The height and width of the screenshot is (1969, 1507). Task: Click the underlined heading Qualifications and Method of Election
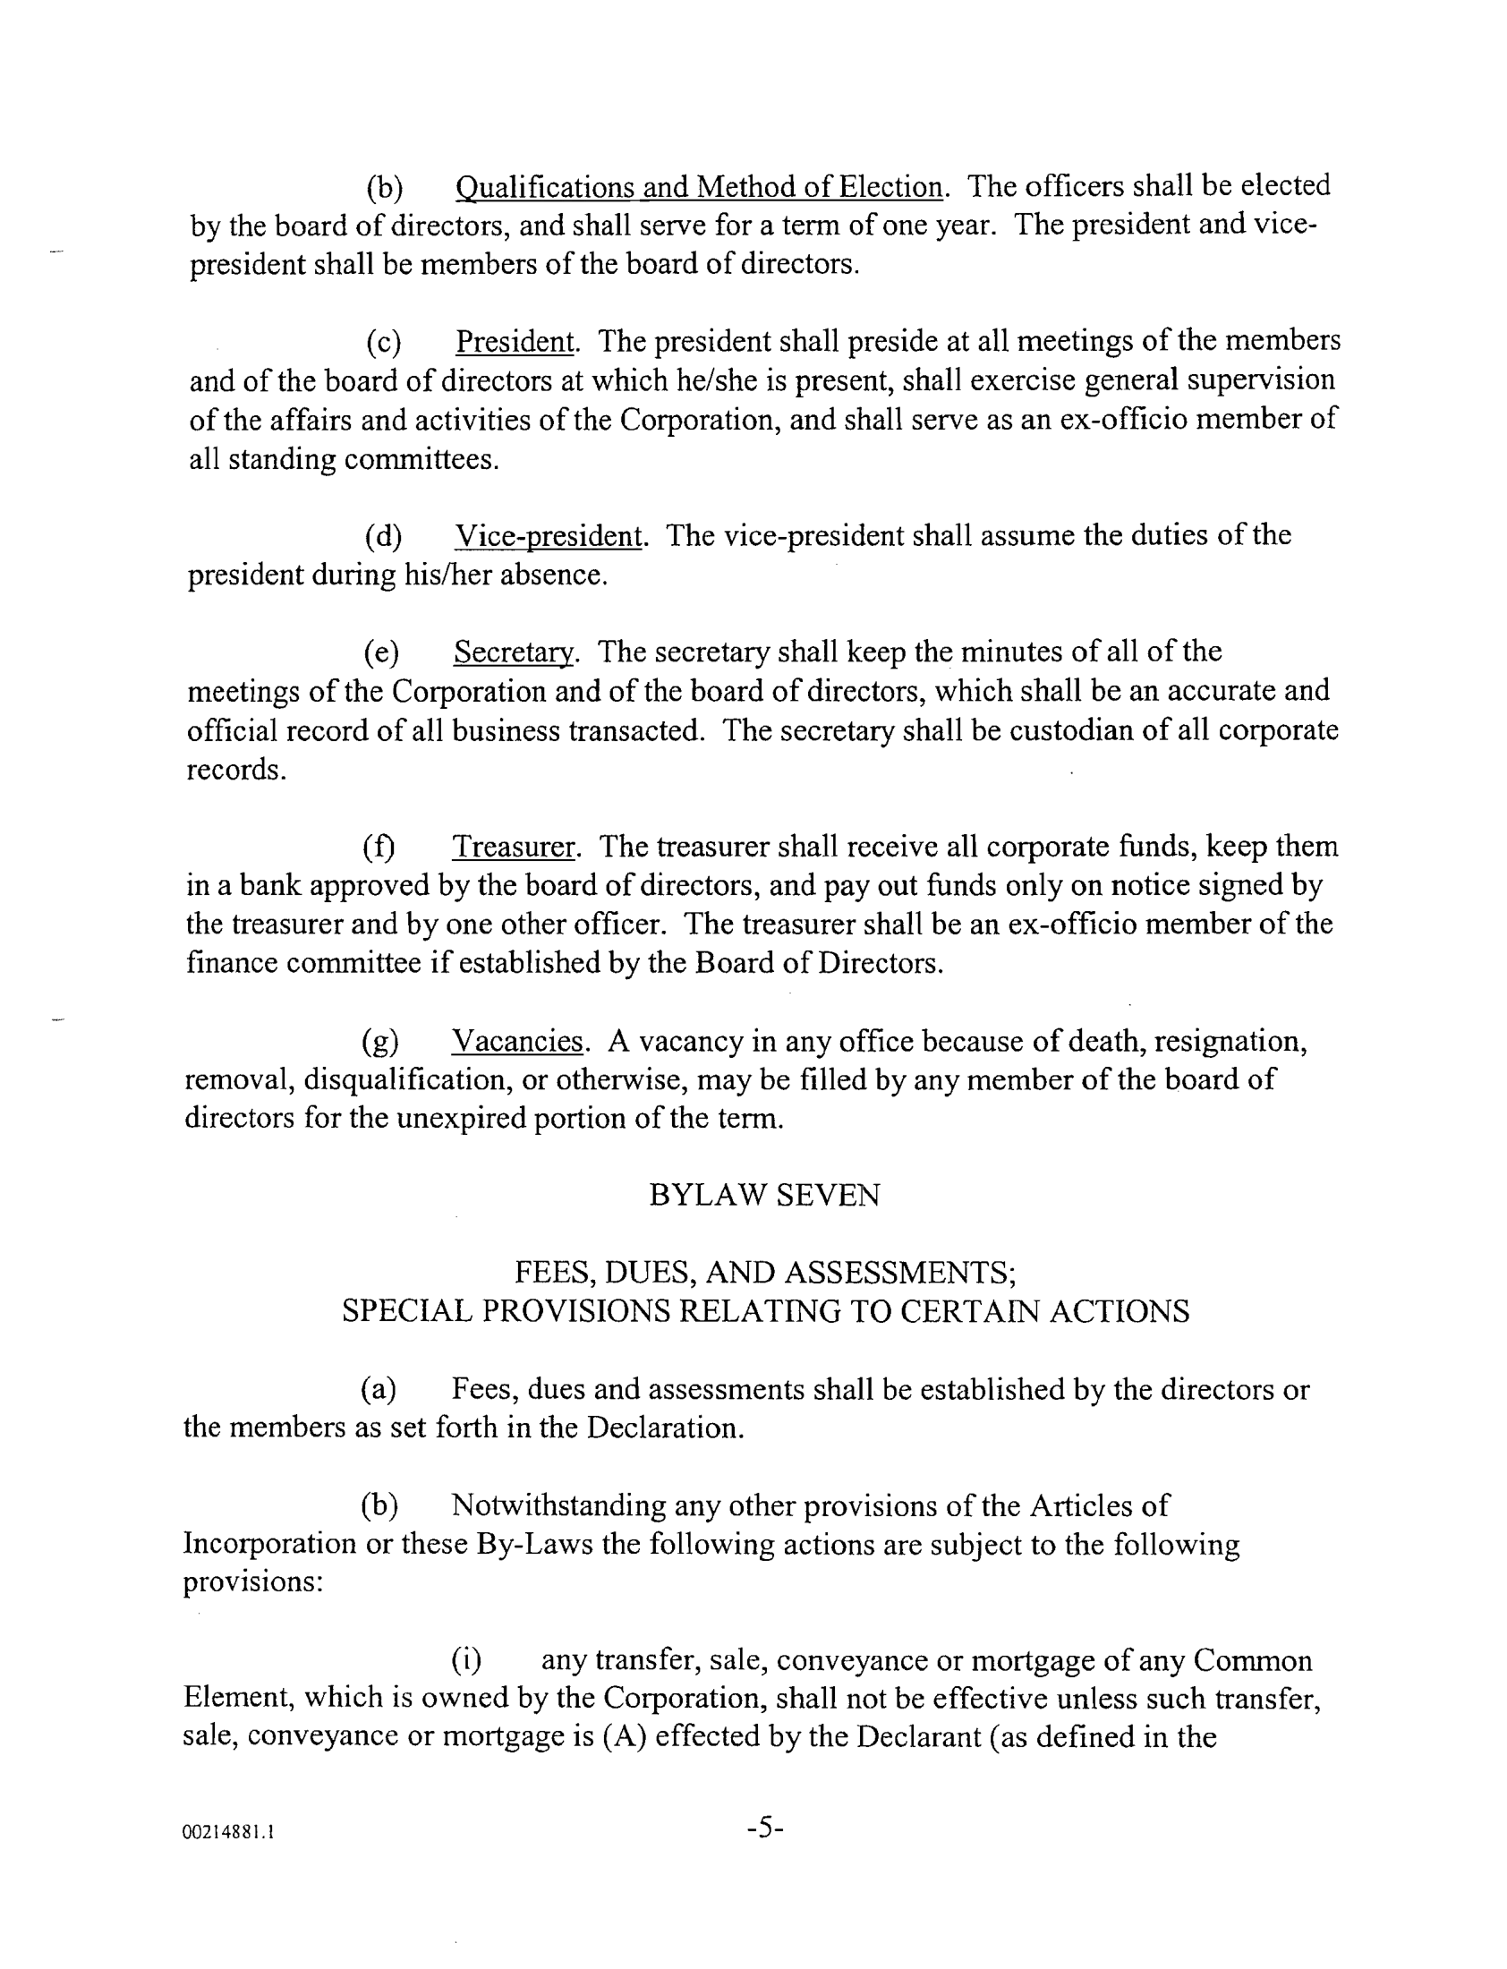tap(699, 187)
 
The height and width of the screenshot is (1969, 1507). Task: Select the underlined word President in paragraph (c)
tap(515, 342)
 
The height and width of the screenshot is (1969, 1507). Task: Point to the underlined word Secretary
tap(512, 652)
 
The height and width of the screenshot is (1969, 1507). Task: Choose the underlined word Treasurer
tap(513, 847)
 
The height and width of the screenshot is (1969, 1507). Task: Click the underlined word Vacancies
tap(517, 1042)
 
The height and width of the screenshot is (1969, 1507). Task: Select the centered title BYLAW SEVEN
tap(764, 1196)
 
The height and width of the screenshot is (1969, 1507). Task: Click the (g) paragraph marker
tap(380, 1043)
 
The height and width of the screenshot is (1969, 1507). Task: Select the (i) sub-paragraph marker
tap(465, 1660)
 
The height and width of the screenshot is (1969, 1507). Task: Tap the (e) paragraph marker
tap(381, 653)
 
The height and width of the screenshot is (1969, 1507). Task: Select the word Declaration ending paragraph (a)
tap(664, 1428)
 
